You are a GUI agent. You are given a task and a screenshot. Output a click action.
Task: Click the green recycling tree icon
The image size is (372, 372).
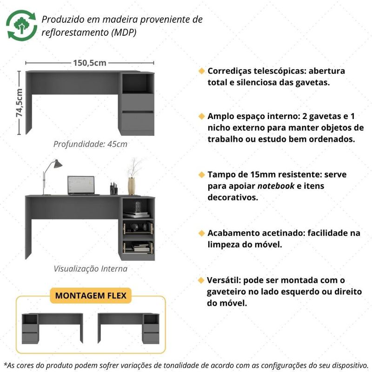[21, 26]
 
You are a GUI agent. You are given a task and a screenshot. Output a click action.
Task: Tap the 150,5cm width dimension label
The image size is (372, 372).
[90, 63]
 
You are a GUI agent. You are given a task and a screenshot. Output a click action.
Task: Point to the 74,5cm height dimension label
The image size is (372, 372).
[20, 103]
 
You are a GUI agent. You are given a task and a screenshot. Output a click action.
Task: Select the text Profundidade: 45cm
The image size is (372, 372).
[90, 144]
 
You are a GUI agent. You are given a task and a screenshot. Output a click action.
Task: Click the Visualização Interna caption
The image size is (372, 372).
[90, 269]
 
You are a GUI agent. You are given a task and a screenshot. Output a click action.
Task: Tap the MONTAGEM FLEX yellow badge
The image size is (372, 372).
[91, 296]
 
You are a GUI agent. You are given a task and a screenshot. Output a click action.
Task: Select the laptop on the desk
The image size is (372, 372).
[82, 186]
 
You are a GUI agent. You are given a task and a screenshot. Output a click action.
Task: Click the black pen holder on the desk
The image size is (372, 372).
[113, 189]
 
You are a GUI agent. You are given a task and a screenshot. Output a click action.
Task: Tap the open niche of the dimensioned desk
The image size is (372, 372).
[138, 83]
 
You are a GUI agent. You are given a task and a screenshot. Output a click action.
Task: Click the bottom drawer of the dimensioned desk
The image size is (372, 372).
[138, 121]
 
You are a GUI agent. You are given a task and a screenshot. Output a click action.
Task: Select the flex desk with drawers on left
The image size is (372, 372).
[53, 328]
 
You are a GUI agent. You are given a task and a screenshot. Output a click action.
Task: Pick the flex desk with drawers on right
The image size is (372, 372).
[128, 328]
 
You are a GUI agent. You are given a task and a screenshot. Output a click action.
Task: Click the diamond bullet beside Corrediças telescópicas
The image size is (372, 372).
[201, 71]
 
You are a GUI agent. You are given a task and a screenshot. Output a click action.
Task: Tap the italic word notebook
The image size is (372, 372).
[276, 186]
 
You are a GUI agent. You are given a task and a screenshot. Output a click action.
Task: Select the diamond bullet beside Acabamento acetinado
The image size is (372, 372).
[201, 233]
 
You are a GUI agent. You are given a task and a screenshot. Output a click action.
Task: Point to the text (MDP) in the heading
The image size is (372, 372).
[124, 33]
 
